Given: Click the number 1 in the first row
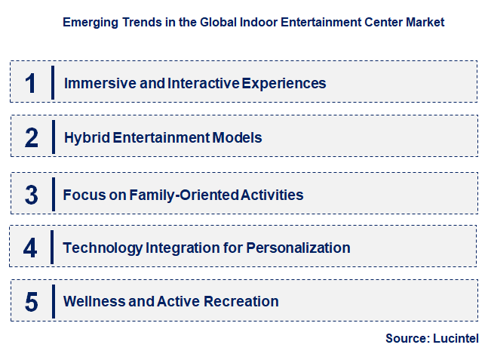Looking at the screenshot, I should click(x=30, y=83).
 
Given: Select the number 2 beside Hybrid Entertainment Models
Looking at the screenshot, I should click(x=31, y=138).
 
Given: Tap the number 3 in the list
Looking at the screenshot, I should click(x=31, y=195).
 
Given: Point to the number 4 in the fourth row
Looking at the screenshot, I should click(x=30, y=248).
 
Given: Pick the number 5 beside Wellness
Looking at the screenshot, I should click(x=31, y=302).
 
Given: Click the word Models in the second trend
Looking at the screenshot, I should click(x=238, y=138).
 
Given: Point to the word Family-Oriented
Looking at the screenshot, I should click(x=183, y=195).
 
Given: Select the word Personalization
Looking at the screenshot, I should click(x=297, y=248).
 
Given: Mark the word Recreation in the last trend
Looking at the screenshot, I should click(x=241, y=302).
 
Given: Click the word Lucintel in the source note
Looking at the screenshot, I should click(x=456, y=339).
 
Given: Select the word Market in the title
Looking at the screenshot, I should click(x=425, y=22).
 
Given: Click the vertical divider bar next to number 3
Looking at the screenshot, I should click(x=53, y=195).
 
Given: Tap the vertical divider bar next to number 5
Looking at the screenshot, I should click(x=53, y=302).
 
